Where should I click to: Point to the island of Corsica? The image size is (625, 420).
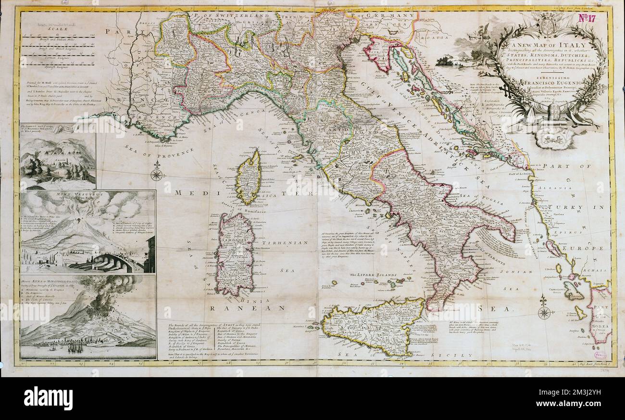pos(249,177)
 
